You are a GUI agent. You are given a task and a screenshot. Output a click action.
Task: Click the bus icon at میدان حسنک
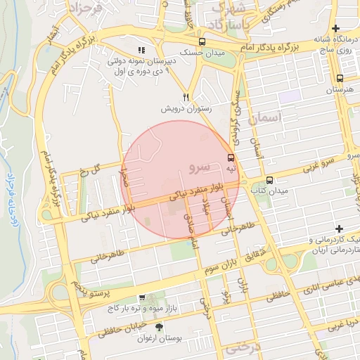202,41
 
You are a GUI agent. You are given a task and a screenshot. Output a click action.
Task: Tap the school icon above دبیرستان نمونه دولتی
142,51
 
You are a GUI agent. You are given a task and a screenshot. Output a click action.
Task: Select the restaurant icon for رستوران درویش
186,98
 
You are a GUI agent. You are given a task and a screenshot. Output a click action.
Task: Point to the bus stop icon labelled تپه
231,157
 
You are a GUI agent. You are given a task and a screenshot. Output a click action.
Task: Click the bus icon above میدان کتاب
270,180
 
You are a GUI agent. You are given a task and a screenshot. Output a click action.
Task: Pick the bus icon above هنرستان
340,79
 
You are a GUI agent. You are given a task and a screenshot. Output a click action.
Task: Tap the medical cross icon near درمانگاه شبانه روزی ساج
336,27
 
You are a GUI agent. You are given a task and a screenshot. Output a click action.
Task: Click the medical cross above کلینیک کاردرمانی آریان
339,229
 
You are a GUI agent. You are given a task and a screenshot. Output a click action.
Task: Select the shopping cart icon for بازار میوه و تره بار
143,298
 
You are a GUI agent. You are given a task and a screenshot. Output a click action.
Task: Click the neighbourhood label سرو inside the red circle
200,167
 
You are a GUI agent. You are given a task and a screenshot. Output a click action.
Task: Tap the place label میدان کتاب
271,191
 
